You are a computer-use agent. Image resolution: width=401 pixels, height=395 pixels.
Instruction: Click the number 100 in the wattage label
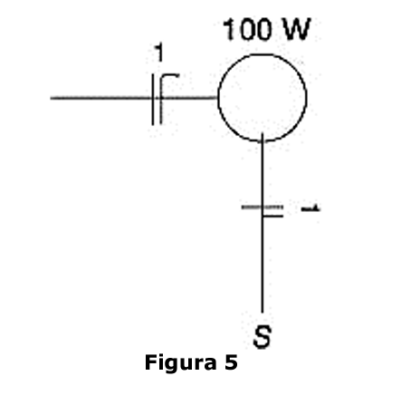(247, 29)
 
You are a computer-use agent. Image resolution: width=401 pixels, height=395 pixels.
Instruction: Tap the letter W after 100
(296, 29)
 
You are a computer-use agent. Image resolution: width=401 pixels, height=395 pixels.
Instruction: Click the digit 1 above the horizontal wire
(159, 53)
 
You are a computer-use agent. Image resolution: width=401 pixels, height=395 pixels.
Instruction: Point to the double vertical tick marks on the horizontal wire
(157, 100)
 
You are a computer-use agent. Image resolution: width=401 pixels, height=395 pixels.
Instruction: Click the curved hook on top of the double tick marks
(169, 75)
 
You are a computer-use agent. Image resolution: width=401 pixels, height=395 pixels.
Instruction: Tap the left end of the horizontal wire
(51, 98)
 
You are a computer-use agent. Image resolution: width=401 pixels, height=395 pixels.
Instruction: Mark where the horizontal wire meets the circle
(217, 98)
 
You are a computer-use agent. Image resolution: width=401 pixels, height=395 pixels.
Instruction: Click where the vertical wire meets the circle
(262, 141)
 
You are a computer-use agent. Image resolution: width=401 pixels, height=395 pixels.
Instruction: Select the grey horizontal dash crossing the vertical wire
(262, 207)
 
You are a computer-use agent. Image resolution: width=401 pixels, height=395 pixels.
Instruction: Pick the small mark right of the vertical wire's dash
(310, 208)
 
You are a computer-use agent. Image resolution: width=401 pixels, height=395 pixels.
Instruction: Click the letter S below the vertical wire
(263, 337)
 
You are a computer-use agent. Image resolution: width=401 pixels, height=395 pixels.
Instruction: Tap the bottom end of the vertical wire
(262, 313)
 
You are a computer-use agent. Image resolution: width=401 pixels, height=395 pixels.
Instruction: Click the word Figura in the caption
(180, 362)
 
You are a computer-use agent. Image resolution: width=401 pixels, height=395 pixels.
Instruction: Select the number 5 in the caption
(231, 362)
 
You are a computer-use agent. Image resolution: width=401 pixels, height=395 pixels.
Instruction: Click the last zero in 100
(263, 29)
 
